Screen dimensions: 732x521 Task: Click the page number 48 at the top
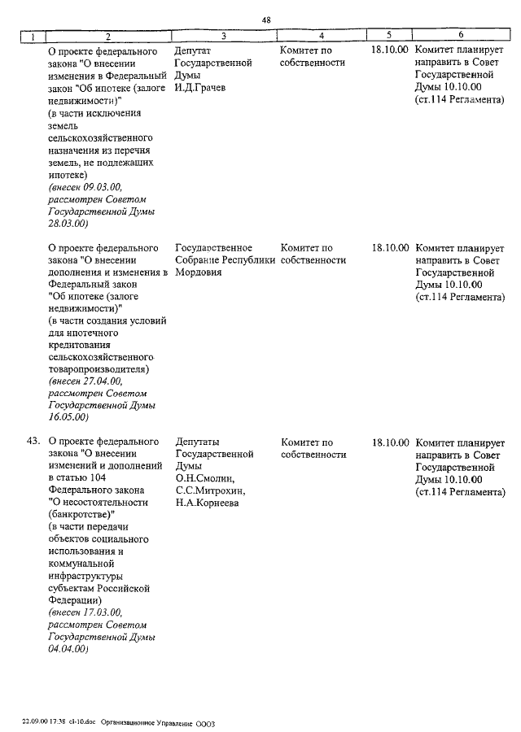(x=267, y=20)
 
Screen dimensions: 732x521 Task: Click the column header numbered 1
(x=32, y=36)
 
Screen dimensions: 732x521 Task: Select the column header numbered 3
(x=223, y=36)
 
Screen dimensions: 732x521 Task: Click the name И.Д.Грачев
(x=199, y=87)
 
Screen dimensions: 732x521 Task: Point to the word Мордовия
(x=199, y=272)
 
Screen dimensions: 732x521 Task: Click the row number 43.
(x=33, y=442)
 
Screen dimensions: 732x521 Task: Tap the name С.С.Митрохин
(x=210, y=491)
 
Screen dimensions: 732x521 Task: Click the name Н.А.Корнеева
(x=207, y=503)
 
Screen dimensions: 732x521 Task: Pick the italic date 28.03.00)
(x=68, y=223)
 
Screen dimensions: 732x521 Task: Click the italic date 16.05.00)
(x=68, y=417)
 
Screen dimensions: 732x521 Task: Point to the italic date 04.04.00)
(x=68, y=648)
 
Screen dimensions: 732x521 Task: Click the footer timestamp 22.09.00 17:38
(x=45, y=722)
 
